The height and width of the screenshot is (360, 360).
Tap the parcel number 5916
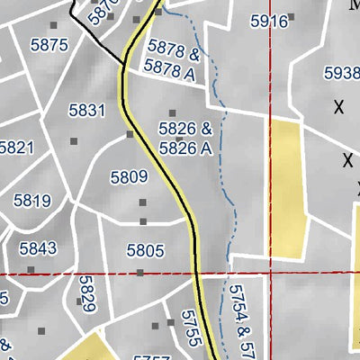click(x=267, y=20)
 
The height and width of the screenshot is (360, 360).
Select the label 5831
click(x=87, y=111)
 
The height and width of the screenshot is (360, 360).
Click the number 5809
click(x=128, y=177)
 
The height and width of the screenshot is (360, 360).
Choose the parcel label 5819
click(x=32, y=201)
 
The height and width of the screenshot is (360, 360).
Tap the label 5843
click(x=38, y=247)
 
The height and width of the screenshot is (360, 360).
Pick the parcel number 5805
click(x=145, y=250)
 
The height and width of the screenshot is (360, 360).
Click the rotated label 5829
click(x=87, y=293)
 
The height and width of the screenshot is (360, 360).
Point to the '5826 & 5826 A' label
click(x=185, y=139)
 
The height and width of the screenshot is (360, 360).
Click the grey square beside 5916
click(x=292, y=17)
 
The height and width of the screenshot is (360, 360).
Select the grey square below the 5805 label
click(x=140, y=272)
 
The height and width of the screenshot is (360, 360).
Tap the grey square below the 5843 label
click(x=31, y=269)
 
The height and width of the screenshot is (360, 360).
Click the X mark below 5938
click(x=339, y=108)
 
